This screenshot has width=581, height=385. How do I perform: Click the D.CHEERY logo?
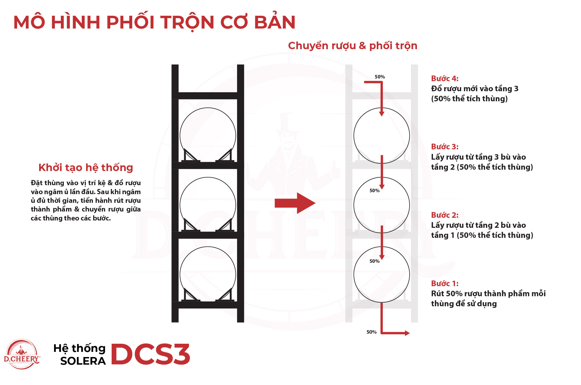click(22, 354)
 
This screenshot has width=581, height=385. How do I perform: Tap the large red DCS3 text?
click(150, 354)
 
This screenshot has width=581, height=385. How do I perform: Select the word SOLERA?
click(83, 361)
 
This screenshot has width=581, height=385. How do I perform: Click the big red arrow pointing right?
click(295, 203)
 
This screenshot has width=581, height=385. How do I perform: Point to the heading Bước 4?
click(445, 79)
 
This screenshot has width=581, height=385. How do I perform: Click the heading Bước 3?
click(445, 147)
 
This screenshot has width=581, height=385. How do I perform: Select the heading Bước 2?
click(445, 215)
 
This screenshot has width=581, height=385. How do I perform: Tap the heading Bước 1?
click(445, 284)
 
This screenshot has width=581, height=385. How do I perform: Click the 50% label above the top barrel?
click(380, 77)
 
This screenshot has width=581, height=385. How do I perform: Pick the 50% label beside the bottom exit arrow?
click(371, 332)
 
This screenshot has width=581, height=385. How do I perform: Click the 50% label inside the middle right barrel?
click(374, 191)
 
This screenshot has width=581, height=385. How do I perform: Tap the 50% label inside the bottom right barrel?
click(374, 261)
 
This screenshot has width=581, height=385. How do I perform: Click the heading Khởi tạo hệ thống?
click(86, 168)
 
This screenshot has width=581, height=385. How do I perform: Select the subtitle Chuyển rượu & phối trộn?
click(353, 46)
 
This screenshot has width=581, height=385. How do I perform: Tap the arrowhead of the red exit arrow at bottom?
click(407, 333)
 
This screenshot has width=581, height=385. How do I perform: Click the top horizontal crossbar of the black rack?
click(208, 96)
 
